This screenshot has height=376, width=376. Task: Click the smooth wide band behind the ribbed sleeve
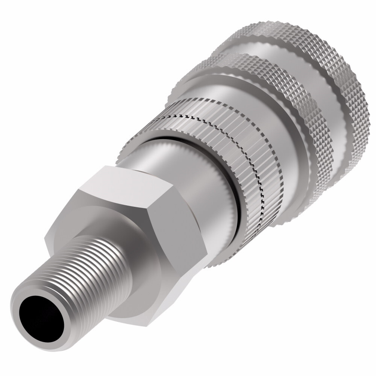click(271, 132)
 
